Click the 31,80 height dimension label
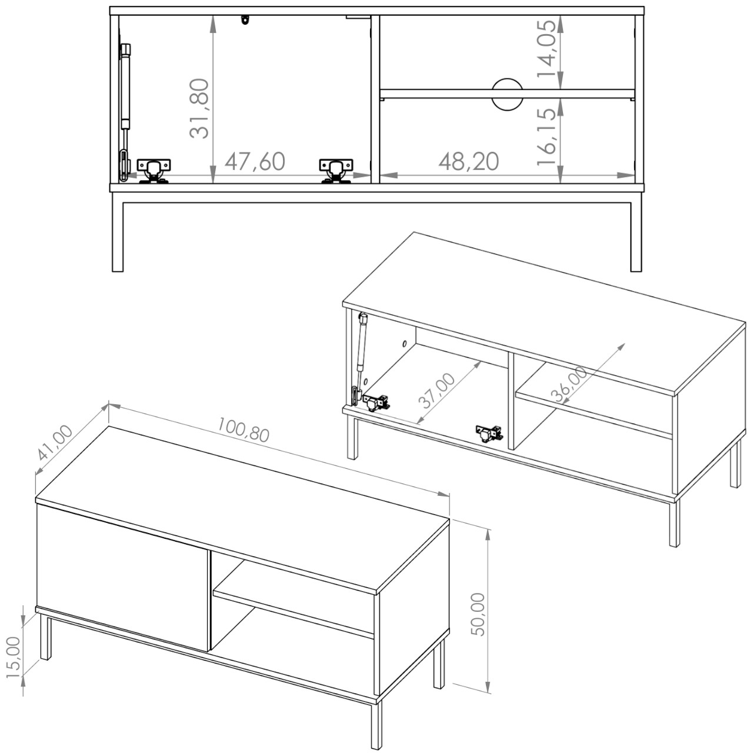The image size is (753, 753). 199,109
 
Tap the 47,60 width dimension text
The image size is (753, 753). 255,161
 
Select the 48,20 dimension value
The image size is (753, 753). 468,161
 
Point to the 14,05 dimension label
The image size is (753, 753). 547,48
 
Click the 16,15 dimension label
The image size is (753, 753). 547,136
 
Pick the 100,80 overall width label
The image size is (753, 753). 243,429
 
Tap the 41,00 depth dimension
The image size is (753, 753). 55,443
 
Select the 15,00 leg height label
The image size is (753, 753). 14,658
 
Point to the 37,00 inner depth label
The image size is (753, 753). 437,391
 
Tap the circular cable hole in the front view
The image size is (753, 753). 507,94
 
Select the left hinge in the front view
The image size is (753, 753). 154,171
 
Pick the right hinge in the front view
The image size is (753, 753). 336,171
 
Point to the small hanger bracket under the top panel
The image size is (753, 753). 245,19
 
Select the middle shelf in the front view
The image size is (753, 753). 507,94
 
